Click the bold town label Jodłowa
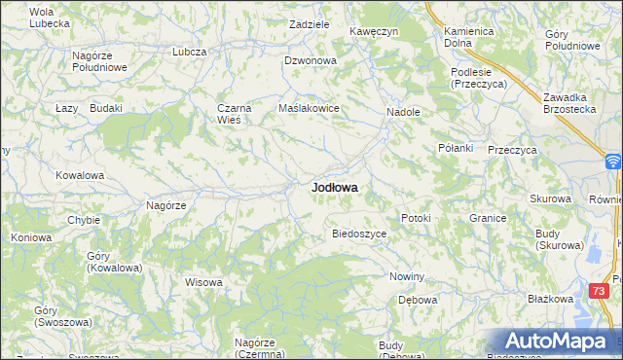coord(334,187)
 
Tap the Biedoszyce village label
coord(360,234)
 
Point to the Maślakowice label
coord(309,108)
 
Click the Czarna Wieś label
coord(236,115)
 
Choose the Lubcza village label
coord(189,52)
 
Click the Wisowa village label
coord(204,283)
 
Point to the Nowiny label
coord(407,277)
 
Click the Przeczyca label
coord(513,150)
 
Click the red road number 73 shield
coord(601,290)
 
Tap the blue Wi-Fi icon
coord(613,162)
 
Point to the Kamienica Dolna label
coord(469,37)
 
